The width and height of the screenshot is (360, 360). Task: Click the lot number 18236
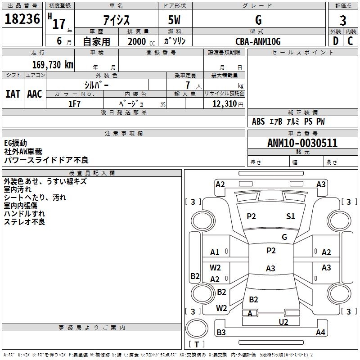(22, 19)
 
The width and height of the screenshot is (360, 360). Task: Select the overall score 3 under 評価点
(343, 20)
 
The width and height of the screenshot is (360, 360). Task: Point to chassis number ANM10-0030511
(302, 143)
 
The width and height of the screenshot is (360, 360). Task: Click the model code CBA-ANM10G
(258, 41)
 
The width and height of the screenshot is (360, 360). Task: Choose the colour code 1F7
(74, 104)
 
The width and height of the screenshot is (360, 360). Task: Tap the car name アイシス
(116, 20)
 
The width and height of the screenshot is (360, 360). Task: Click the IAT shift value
(13, 94)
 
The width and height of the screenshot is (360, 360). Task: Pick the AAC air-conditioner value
(35, 94)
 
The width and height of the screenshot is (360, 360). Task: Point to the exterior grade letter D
(335, 41)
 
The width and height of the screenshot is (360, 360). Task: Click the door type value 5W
(175, 20)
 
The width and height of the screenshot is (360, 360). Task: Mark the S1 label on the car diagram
(291, 216)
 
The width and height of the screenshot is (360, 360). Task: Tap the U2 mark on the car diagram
(283, 322)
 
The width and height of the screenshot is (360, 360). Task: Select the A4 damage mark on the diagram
(320, 333)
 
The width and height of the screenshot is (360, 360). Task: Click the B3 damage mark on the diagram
(221, 333)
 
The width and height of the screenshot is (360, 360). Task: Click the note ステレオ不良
(24, 222)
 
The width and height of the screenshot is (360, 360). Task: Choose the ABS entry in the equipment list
(258, 121)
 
